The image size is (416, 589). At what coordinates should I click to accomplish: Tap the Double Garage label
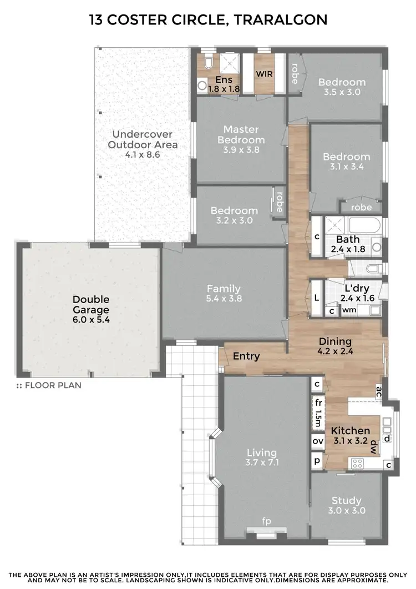90,305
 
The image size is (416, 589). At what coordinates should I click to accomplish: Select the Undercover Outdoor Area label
143,139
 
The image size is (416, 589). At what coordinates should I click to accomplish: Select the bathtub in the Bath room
364,226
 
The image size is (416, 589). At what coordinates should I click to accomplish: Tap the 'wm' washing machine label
349,310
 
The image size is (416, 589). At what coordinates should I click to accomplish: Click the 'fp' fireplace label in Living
266,521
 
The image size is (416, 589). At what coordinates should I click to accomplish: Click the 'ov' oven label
318,441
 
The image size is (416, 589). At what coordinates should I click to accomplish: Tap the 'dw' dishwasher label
374,446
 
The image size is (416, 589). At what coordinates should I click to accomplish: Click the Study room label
347,500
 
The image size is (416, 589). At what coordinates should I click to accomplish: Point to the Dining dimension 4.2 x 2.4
335,351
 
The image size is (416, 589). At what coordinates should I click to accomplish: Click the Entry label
246,356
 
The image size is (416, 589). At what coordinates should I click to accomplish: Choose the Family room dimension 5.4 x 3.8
224,299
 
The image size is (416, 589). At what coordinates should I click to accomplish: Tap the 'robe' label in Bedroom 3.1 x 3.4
361,207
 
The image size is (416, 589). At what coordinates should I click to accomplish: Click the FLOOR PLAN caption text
53,385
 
